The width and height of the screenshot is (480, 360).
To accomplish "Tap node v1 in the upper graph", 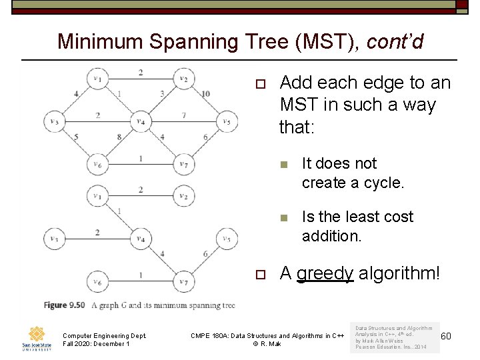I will pyautogui.click(x=98, y=79).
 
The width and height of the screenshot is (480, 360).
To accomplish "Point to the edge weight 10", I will pyautogui.click(x=205, y=93).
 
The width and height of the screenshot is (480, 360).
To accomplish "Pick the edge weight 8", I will pyautogui.click(x=119, y=137).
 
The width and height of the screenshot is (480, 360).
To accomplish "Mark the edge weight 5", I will pyautogui.click(x=76, y=137).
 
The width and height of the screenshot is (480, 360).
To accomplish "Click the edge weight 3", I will pyautogui.click(x=162, y=93).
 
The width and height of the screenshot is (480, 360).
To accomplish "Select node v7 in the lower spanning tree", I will pyautogui.click(x=183, y=282).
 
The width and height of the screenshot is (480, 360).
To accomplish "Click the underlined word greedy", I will pyautogui.click(x=325, y=273).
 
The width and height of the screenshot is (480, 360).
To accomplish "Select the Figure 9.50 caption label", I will pyautogui.click(x=65, y=305).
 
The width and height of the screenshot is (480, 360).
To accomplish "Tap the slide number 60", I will pyautogui.click(x=445, y=335).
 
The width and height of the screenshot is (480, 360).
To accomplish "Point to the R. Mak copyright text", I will pyautogui.click(x=267, y=344).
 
